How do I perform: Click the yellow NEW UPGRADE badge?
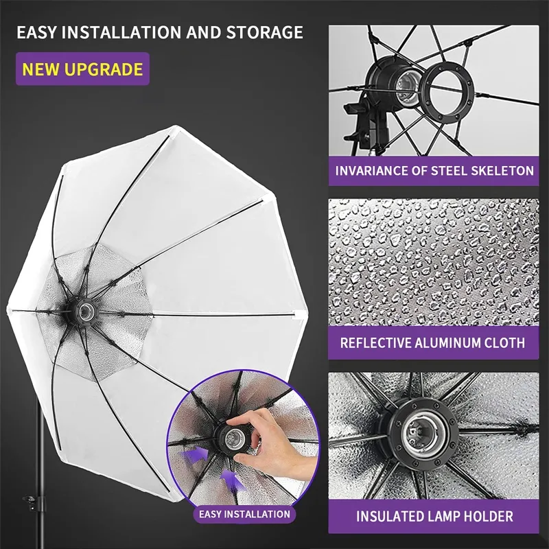[x=82, y=69]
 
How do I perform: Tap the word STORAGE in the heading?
[x=266, y=32]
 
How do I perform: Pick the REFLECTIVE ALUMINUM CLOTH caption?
[x=432, y=342]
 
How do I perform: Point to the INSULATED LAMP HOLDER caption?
[x=434, y=516]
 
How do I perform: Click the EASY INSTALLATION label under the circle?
[x=244, y=514]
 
